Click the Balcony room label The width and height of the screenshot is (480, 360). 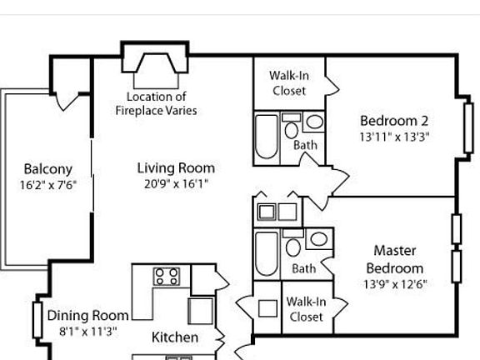(47, 169)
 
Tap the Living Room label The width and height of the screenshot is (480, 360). (176, 168)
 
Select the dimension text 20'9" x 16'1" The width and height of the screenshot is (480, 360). (176, 184)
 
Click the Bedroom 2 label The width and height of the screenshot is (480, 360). (394, 120)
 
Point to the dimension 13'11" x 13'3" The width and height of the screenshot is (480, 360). (394, 137)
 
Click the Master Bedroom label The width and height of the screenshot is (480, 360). (394, 259)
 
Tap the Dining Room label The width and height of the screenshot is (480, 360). (87, 315)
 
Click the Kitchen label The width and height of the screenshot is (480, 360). (175, 337)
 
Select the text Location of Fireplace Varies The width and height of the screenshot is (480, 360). (156, 103)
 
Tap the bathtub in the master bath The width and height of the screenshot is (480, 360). (267, 251)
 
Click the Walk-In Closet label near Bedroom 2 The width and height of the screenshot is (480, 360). (288, 83)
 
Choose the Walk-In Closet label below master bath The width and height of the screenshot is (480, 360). (306, 309)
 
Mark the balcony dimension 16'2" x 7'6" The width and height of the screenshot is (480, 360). (47, 185)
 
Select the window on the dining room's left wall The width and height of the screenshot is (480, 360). (37, 317)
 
